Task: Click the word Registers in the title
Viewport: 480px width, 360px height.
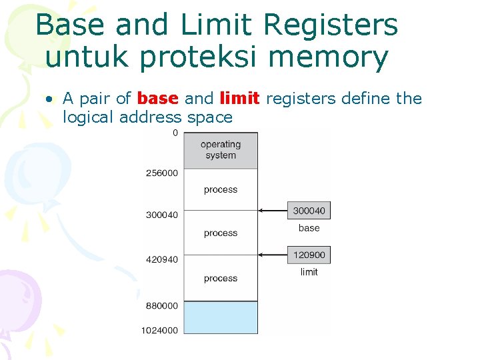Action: pyautogui.click(x=331, y=25)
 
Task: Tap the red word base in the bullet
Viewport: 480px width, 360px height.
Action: pyautogui.click(x=157, y=99)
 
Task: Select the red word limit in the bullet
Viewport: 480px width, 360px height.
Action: pyautogui.click(x=239, y=99)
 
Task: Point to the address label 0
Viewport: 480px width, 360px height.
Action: pyautogui.click(x=175, y=133)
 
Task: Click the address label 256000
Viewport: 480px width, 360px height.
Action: pyautogui.click(x=162, y=173)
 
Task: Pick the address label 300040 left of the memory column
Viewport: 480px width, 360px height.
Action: pyautogui.click(x=162, y=215)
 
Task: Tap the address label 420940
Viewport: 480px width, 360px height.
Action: pyautogui.click(x=162, y=259)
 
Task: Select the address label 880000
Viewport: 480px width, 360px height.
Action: pyautogui.click(x=162, y=305)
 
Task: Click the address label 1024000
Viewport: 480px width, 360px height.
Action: pyautogui.click(x=159, y=330)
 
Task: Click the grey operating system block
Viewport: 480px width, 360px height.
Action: pyautogui.click(x=221, y=149)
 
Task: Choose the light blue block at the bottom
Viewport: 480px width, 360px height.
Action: pyautogui.click(x=221, y=317)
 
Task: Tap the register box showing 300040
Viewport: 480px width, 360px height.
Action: pyautogui.click(x=309, y=211)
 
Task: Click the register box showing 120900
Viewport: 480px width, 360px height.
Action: pyautogui.click(x=309, y=255)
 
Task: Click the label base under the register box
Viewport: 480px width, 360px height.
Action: pyautogui.click(x=309, y=228)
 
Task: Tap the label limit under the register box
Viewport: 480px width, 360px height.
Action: pyautogui.click(x=309, y=272)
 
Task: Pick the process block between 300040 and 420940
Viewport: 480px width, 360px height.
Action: pyautogui.click(x=221, y=233)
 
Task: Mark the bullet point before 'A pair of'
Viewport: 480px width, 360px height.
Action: pyautogui.click(x=49, y=99)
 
